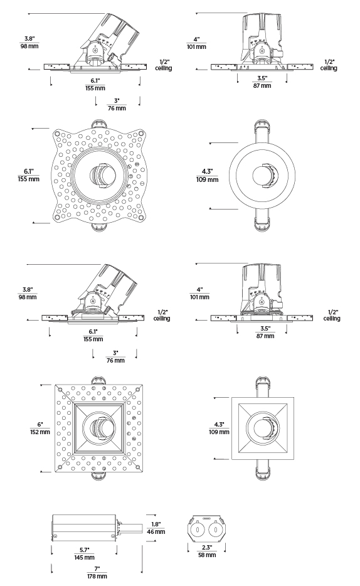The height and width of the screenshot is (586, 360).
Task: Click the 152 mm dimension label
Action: coord(40,432)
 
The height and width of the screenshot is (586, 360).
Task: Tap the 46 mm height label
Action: coord(156,531)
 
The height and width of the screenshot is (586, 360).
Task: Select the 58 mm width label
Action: coord(207,555)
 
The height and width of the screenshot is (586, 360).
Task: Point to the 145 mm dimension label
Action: coord(85,557)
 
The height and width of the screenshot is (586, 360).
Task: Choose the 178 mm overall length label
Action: coord(97,577)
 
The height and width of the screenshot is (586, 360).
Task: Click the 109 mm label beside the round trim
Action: coord(207,179)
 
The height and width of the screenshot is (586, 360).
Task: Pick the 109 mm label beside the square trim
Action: coord(219,432)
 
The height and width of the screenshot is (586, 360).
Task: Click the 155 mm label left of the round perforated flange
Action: coord(28,179)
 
